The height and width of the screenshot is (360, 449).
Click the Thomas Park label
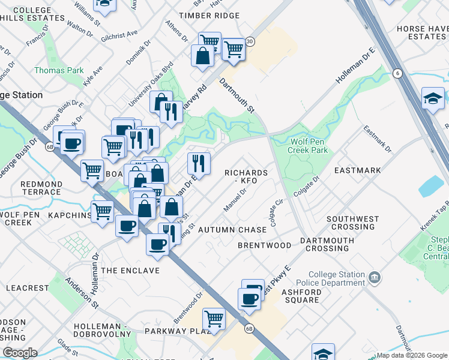tap(59, 71)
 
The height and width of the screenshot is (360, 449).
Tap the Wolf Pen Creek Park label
tap(309, 146)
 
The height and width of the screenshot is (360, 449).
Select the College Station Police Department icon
tap(375, 277)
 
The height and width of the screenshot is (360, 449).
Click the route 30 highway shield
tap(250, 41)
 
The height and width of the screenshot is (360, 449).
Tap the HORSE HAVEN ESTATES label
tap(421, 33)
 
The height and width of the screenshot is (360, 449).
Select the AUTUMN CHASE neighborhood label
tap(232, 230)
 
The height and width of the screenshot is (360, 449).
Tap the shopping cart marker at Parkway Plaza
tap(213, 318)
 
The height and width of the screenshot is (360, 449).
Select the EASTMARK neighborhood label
tap(358, 170)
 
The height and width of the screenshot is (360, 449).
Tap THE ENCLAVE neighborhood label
tap(130, 271)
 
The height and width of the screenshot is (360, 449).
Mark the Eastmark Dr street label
tap(377, 139)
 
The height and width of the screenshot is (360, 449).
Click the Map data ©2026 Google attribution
tap(412, 355)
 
